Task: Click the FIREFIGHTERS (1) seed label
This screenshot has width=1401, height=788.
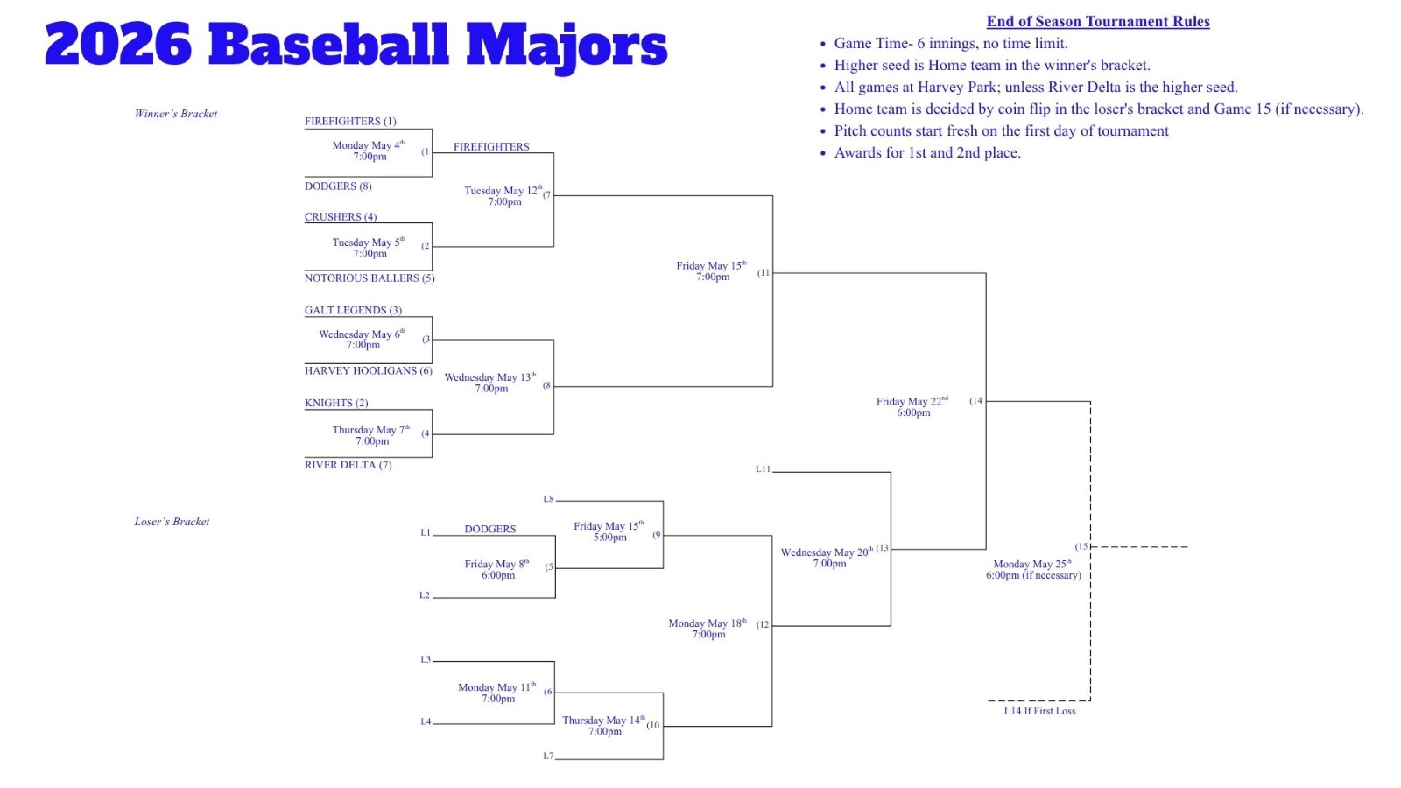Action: click(x=350, y=122)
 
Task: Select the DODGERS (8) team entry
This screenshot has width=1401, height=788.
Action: click(x=338, y=186)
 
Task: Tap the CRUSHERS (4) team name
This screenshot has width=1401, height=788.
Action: click(x=341, y=217)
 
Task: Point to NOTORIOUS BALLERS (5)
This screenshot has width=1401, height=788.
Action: click(x=370, y=278)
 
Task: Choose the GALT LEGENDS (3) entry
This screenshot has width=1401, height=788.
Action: click(x=354, y=310)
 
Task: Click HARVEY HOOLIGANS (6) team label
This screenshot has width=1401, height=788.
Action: click(x=369, y=371)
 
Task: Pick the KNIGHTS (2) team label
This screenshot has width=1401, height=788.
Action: click(x=336, y=403)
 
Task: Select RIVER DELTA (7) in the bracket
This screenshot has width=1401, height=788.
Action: click(x=348, y=465)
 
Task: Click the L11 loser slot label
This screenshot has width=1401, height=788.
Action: click(x=763, y=469)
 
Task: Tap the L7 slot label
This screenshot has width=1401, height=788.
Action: click(x=548, y=756)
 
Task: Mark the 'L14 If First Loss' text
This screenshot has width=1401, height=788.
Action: click(x=1039, y=711)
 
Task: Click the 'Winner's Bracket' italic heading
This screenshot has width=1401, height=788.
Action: click(x=176, y=114)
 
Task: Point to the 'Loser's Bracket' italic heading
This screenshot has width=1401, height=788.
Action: click(x=172, y=522)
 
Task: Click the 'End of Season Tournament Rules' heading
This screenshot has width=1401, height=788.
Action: click(x=1098, y=21)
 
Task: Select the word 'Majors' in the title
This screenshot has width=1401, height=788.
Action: click(x=567, y=47)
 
